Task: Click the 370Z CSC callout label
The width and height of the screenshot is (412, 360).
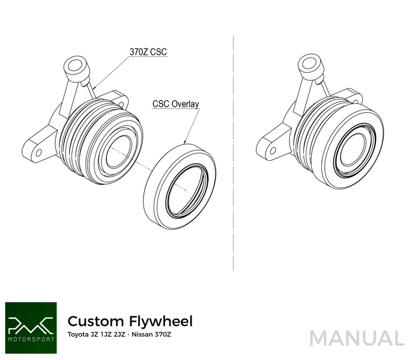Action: point(148,52)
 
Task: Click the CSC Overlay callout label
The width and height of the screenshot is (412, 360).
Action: point(175,103)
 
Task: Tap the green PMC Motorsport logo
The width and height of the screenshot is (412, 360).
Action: point(30,323)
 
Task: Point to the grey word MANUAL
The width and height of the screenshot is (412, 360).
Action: point(357,338)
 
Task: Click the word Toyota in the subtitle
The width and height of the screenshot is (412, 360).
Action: point(78,334)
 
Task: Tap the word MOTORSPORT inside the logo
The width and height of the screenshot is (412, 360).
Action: point(30,337)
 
